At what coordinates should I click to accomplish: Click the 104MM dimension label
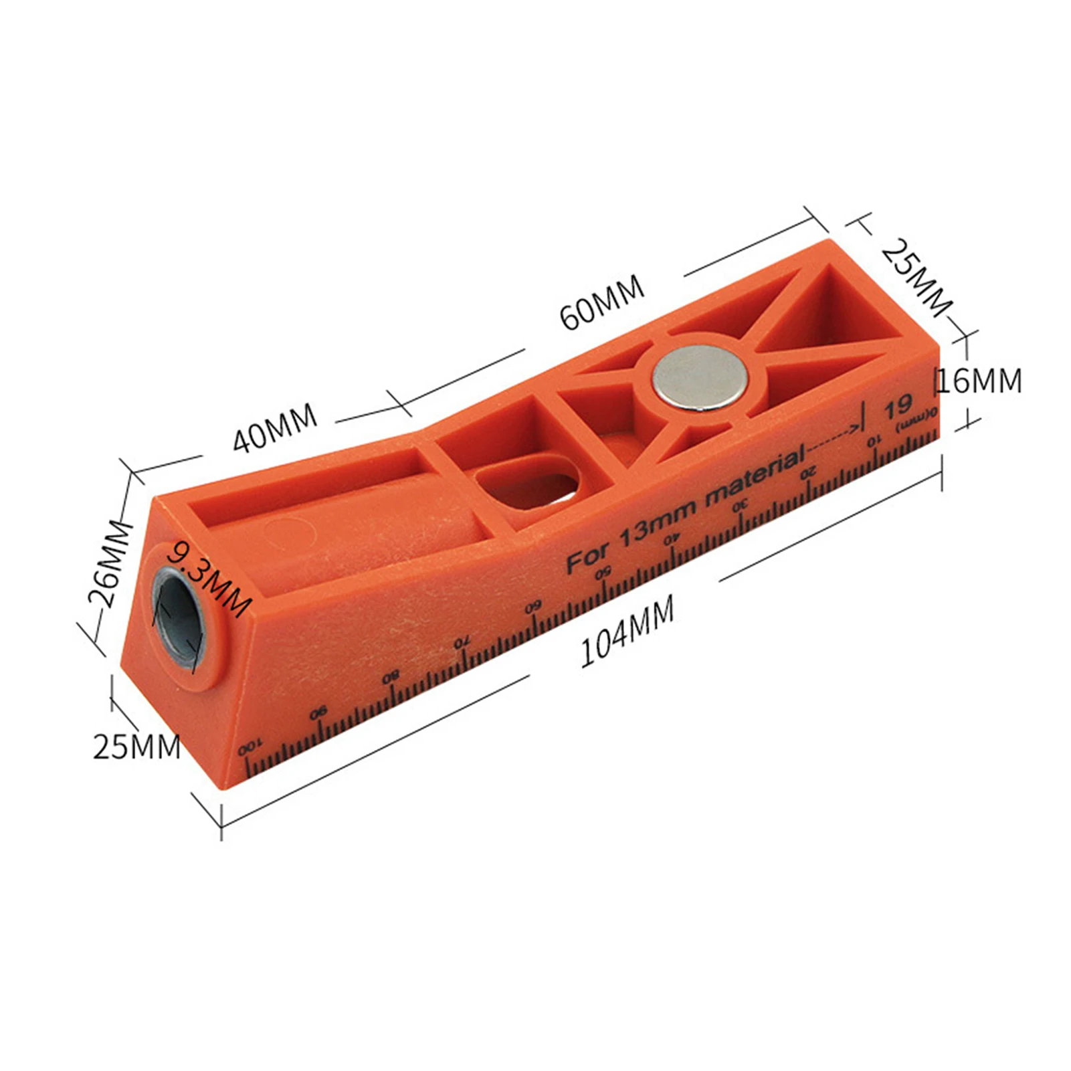626,631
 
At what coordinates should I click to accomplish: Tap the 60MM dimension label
602,302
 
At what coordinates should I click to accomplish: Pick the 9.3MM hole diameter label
209,579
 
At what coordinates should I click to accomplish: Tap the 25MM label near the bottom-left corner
136,747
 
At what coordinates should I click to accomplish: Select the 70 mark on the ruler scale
462,644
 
